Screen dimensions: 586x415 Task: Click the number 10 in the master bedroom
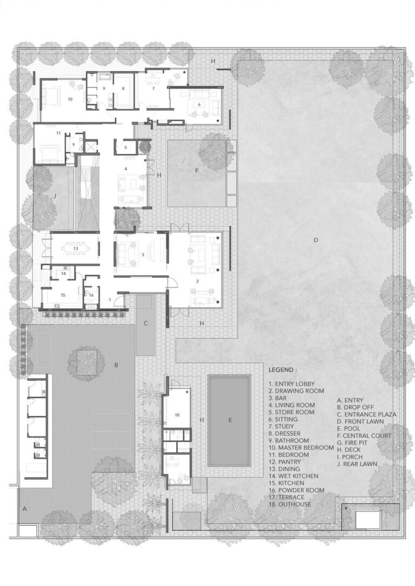click(x=70, y=99)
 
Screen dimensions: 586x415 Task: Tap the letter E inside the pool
click(x=230, y=420)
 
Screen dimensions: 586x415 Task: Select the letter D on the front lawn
click(x=316, y=240)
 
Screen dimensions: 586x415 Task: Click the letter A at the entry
click(x=24, y=508)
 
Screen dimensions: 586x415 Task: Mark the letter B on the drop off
click(x=116, y=365)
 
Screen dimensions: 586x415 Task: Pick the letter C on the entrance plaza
click(x=145, y=324)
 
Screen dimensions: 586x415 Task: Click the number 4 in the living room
click(x=125, y=169)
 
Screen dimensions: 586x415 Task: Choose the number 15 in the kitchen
click(x=63, y=295)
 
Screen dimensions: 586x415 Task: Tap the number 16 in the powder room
click(x=91, y=295)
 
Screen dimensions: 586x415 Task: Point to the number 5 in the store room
click(x=125, y=147)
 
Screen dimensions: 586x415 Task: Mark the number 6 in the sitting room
click(x=199, y=104)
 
